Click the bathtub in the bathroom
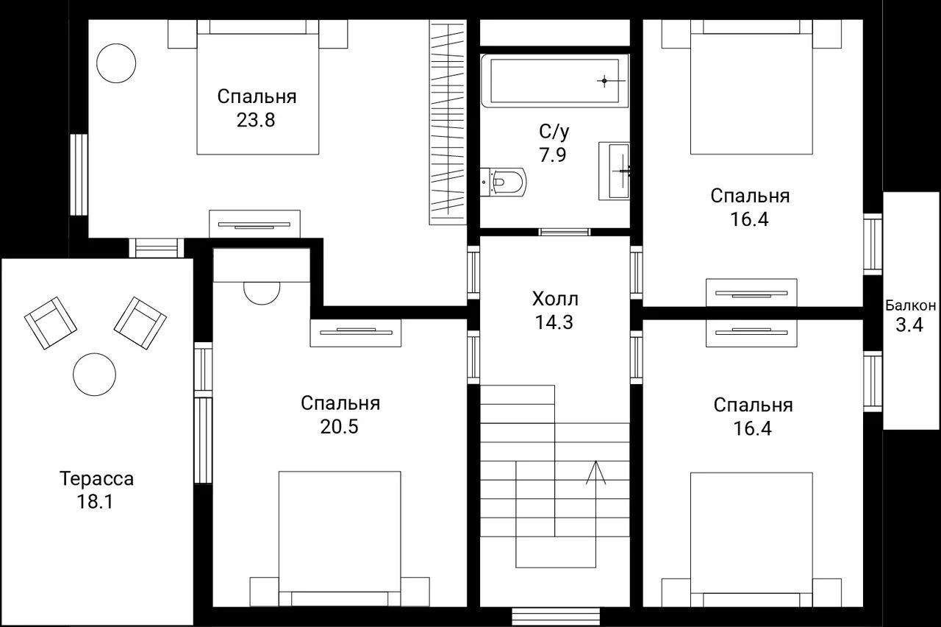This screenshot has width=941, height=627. point(554,80)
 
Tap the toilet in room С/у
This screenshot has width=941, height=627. point(503,182)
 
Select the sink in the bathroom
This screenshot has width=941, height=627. point(614,171)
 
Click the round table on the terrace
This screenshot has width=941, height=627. point(95,375)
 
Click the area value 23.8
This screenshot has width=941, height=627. point(255,120)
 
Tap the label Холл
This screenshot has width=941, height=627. point(555,299)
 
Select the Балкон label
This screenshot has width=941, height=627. point(911,305)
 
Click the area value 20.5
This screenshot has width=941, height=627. point(339,427)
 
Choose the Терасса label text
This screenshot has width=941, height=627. point(96,478)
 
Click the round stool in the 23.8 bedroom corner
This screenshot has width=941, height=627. point(116,63)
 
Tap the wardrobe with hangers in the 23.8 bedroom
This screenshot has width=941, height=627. point(448,122)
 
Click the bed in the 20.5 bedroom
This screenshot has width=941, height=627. point(340,539)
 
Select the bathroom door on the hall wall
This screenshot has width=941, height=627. point(565,232)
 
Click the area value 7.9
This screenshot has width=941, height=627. point(553,155)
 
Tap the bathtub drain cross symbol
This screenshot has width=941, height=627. point(604,80)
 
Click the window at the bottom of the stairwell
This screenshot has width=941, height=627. point(556,617)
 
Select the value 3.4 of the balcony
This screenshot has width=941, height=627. point(909,325)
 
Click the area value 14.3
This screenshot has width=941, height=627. point(554,322)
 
